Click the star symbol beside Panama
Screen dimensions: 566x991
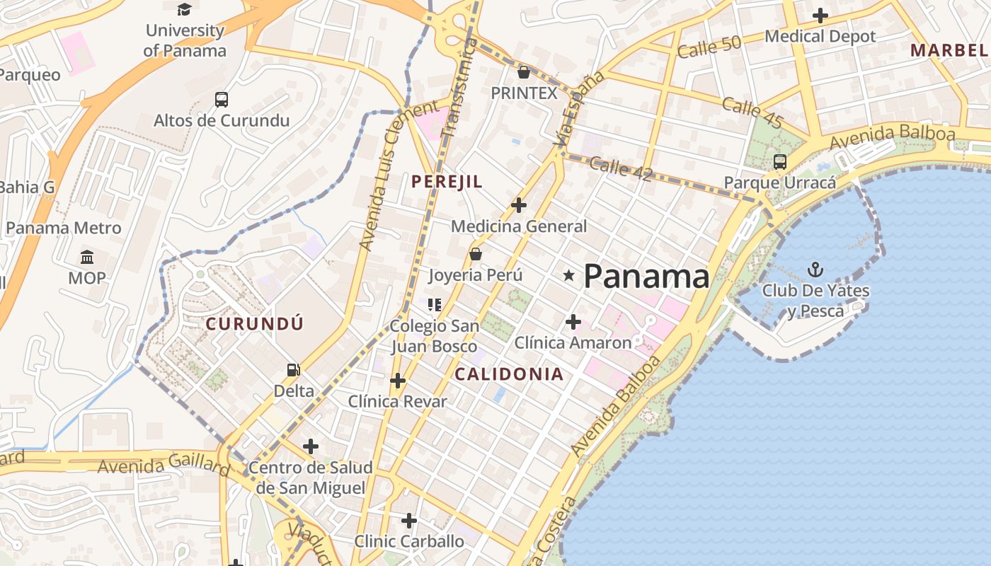click(568, 275)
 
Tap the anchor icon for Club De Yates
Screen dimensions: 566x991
click(815, 270)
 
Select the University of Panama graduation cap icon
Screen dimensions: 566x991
click(184, 9)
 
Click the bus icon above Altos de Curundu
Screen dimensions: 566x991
click(222, 100)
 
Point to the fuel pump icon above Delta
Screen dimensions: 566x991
click(293, 370)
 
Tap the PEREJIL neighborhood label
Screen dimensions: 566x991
click(447, 182)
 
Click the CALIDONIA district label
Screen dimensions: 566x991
click(509, 374)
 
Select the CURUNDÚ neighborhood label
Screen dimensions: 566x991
click(255, 324)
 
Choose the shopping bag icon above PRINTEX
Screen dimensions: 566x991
click(524, 72)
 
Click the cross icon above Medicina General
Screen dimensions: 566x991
click(519, 205)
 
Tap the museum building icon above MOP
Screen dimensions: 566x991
click(87, 257)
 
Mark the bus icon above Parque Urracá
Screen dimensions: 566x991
click(779, 162)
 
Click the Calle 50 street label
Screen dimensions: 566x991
click(709, 47)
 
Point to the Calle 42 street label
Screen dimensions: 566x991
click(620, 168)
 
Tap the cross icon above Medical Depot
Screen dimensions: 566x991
click(820, 15)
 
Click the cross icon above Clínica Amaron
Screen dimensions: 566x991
click(573, 323)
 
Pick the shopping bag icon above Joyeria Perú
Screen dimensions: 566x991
click(476, 254)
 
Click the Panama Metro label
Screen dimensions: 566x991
click(64, 228)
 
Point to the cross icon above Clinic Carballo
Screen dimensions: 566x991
click(409, 521)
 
